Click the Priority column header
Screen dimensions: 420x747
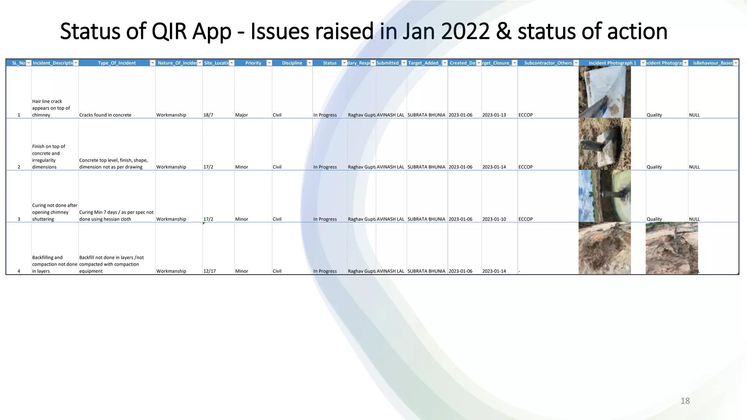253,63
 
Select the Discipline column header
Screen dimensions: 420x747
292,63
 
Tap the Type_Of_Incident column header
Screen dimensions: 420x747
117,63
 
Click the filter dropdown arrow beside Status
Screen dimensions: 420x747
344,63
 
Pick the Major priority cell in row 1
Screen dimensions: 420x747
241,115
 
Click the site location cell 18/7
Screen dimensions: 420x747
208,115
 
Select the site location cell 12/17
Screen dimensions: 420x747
209,271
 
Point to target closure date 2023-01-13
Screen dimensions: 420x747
494,115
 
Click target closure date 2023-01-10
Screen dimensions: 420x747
494,219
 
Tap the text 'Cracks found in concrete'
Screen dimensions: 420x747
105,115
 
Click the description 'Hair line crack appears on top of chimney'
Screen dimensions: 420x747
51,108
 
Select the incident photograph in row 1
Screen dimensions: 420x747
604,92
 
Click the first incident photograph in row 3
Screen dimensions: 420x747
604,196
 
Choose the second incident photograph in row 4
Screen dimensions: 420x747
671,248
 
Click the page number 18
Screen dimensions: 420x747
685,401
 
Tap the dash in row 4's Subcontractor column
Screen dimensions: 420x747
519,271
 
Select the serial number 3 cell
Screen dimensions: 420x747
19,219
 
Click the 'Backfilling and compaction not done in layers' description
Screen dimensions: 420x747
54,264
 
